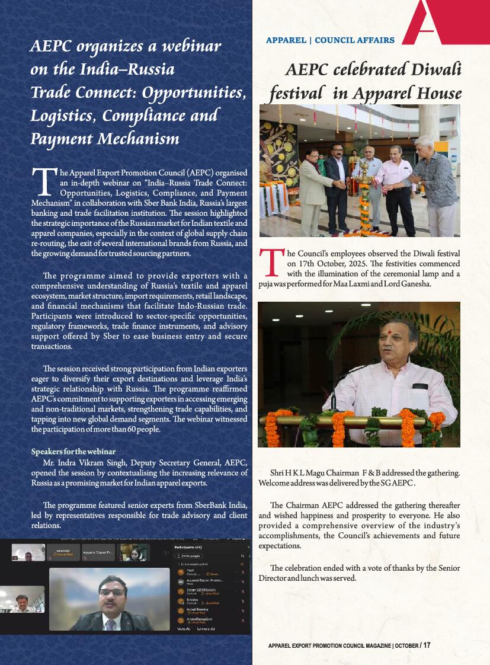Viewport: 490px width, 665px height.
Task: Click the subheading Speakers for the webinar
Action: click(x=73, y=452)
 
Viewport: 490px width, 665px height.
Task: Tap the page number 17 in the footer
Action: click(x=427, y=645)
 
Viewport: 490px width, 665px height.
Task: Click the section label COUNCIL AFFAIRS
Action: click(x=354, y=40)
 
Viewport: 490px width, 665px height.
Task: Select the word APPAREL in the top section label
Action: click(x=286, y=40)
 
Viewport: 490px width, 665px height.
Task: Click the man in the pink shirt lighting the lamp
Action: click(x=391, y=190)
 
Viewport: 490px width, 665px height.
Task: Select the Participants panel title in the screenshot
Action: click(x=188, y=547)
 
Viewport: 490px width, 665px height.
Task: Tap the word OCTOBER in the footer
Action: click(x=406, y=645)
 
